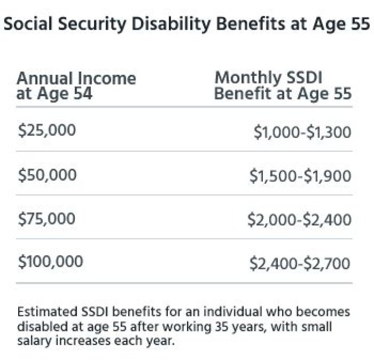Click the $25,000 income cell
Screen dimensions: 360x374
pyautogui.click(x=47, y=130)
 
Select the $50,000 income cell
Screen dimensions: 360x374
pyautogui.click(x=47, y=175)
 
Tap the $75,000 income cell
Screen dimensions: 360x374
pyautogui.click(x=47, y=219)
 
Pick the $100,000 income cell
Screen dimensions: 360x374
pyautogui.click(x=50, y=262)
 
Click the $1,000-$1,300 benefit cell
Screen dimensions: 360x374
pyautogui.click(x=302, y=132)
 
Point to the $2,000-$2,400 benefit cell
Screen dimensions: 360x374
pyautogui.click(x=300, y=220)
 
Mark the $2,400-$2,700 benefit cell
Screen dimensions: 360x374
pyautogui.click(x=300, y=264)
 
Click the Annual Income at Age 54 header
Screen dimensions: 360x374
pyautogui.click(x=76, y=86)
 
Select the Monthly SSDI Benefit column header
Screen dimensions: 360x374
pyautogui.click(x=283, y=86)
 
